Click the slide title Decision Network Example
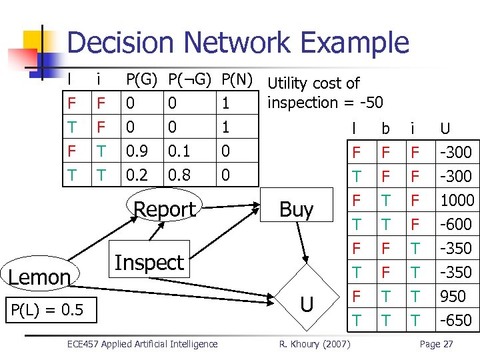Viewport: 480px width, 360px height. (x=238, y=43)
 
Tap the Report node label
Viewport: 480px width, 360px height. (x=165, y=209)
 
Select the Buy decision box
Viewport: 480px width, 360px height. (x=297, y=209)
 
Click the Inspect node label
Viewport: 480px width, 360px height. (x=149, y=263)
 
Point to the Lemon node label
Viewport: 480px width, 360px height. (x=40, y=277)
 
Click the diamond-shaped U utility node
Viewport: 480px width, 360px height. (x=307, y=305)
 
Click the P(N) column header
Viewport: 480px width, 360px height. (x=237, y=80)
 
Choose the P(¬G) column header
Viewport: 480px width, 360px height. (x=189, y=80)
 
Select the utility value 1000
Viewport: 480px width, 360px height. (x=457, y=200)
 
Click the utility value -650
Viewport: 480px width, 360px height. (x=457, y=320)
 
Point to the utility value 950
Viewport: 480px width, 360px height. (x=457, y=296)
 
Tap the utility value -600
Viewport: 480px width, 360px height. (x=457, y=224)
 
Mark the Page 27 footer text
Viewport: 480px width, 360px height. (x=436, y=344)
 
